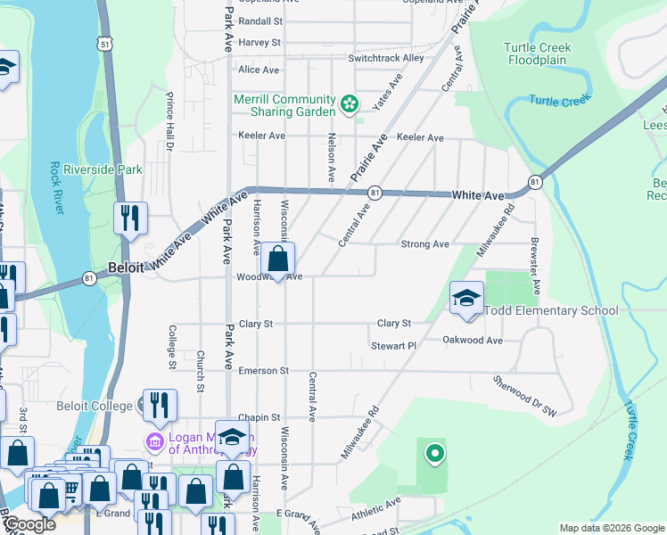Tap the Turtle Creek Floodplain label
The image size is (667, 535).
(538, 53)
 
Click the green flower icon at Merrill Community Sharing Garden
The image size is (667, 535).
(349, 105)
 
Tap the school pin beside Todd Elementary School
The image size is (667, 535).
(466, 300)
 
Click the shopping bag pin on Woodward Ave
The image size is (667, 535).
(278, 261)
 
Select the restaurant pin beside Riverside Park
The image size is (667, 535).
(130, 218)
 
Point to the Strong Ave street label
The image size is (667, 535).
(425, 244)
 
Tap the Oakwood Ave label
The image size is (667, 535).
(473, 340)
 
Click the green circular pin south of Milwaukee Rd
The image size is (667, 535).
(434, 454)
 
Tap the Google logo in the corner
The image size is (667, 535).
(29, 525)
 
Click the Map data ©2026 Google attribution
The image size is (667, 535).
(611, 528)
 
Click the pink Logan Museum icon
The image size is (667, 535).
(154, 441)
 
